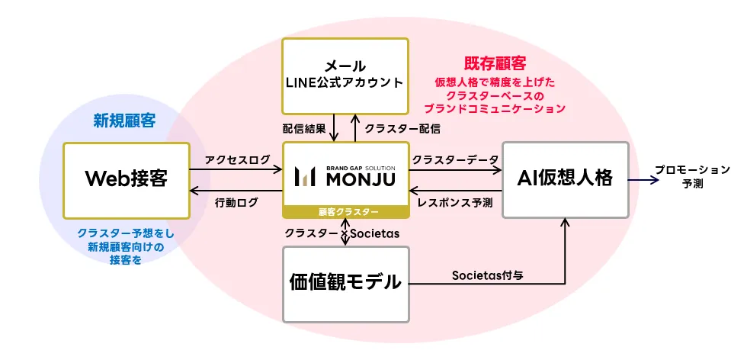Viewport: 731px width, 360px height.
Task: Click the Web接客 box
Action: point(126,179)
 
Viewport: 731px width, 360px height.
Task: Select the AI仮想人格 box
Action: point(566,179)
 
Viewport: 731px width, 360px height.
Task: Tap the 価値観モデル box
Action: point(345,283)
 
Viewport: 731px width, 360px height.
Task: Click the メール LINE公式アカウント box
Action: point(345,74)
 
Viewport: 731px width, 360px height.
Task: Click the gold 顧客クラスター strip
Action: point(345,211)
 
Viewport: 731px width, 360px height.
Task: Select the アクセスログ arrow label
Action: point(237,159)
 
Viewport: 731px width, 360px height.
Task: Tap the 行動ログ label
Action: point(237,202)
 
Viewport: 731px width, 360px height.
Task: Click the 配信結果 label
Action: point(304,128)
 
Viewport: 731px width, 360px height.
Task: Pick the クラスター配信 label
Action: point(402,128)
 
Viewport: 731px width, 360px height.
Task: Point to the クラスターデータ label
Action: point(455,159)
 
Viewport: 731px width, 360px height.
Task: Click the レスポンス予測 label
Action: point(455,202)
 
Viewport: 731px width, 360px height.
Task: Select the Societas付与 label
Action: point(486,275)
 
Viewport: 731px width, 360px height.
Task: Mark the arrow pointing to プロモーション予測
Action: point(644,179)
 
